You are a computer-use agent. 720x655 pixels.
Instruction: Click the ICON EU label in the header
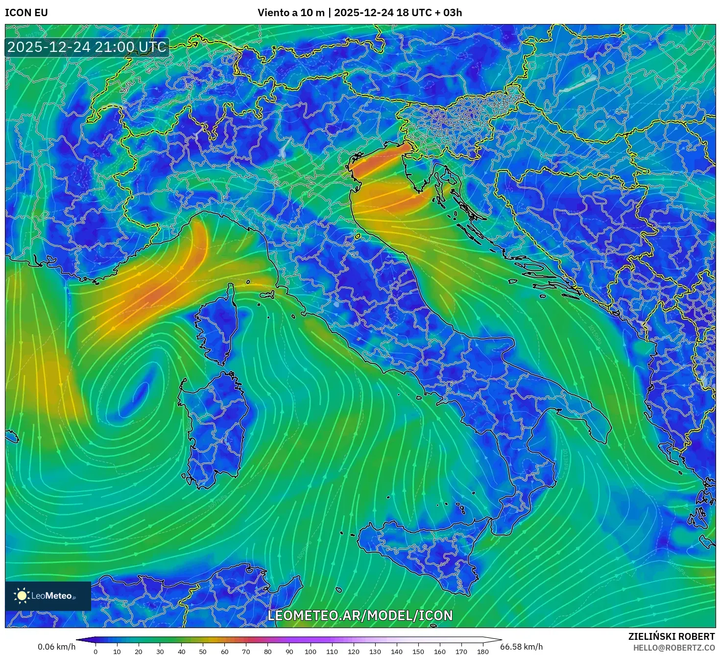26,13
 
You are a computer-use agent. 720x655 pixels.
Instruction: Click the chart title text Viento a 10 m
291,13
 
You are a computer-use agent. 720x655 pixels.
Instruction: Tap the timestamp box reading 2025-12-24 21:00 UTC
87,47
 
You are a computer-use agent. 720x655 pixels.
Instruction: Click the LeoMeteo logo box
48,596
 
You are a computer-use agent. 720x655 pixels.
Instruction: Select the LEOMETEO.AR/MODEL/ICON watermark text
360,615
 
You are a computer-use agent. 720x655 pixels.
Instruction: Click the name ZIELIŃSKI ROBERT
671,636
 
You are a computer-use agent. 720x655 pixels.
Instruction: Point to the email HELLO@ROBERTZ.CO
674,647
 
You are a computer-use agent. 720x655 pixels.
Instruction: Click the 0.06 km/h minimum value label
56,647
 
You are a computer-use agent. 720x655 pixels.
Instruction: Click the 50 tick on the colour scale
203,651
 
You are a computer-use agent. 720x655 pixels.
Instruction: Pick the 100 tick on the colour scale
311,651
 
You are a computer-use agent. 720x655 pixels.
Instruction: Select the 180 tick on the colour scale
483,651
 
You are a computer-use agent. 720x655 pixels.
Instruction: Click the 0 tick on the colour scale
96,651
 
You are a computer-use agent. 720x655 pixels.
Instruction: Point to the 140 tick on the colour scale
397,651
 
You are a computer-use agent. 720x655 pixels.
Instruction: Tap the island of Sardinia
216,426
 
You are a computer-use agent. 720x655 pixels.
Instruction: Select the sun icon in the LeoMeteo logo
22,596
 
